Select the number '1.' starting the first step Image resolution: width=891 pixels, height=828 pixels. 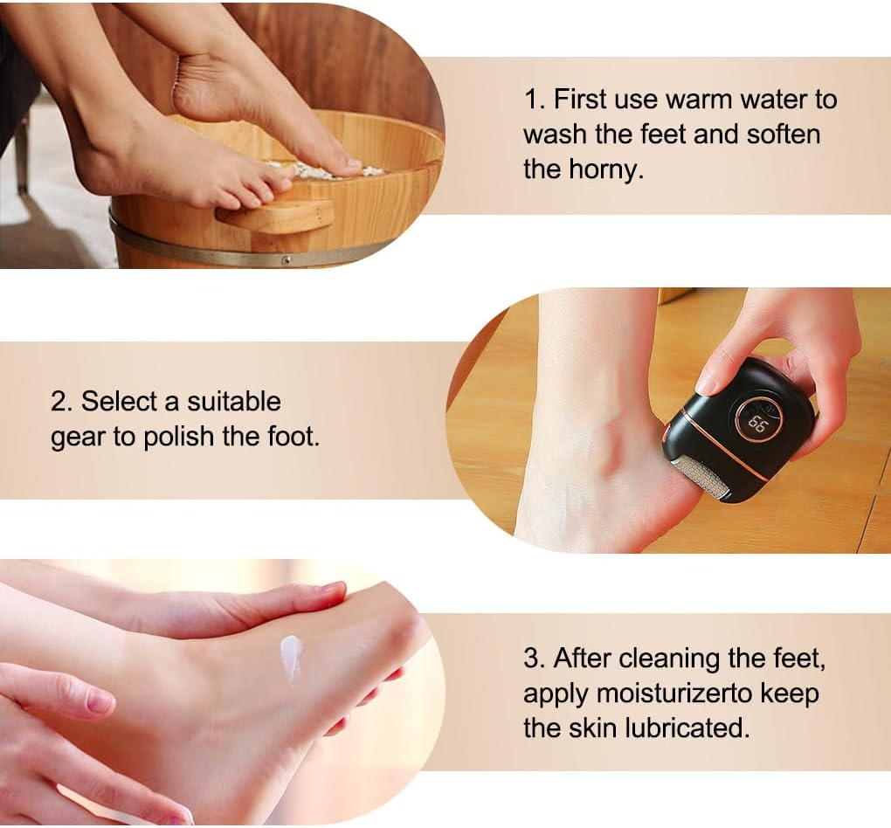(534, 100)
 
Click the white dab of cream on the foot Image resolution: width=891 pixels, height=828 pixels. (291, 656)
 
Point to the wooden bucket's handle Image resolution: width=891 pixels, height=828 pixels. (275, 213)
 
